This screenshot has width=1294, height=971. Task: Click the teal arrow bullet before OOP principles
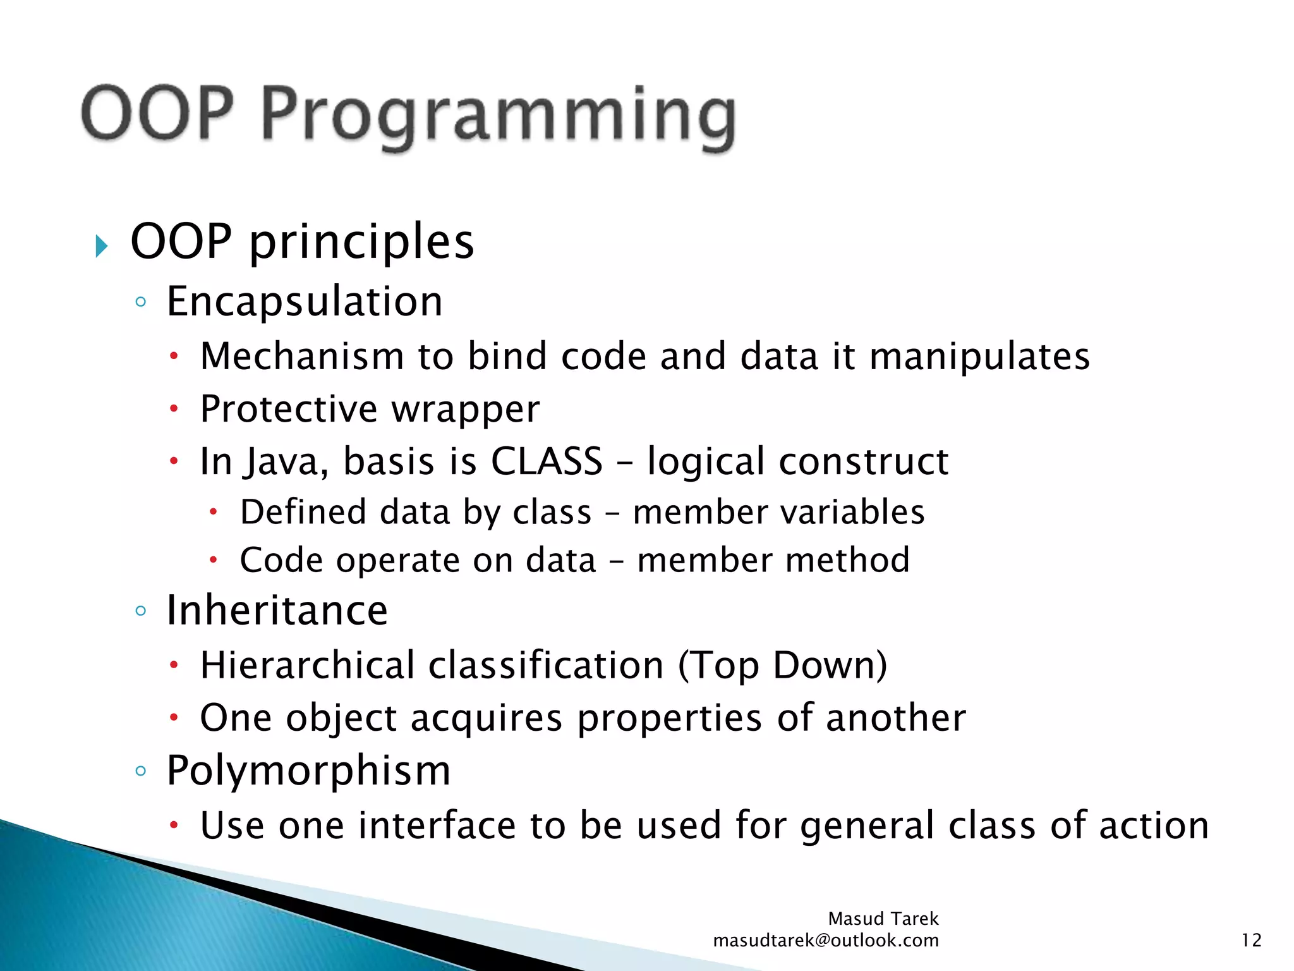click(102, 245)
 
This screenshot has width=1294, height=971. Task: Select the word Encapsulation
click(305, 302)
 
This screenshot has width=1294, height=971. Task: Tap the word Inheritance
click(277, 611)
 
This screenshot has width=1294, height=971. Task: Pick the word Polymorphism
click(308, 771)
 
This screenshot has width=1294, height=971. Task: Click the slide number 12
click(1251, 940)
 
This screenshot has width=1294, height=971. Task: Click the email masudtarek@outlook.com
click(825, 941)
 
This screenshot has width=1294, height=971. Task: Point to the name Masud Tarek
click(883, 919)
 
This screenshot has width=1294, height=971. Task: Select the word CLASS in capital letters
click(547, 461)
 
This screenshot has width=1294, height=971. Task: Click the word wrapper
click(466, 409)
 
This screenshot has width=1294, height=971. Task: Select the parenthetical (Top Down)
click(782, 665)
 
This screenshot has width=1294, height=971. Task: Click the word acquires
click(487, 719)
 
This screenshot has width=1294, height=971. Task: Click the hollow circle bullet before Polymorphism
click(141, 771)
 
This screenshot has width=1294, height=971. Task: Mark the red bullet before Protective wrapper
click(174, 409)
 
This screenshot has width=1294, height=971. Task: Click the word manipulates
click(979, 356)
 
